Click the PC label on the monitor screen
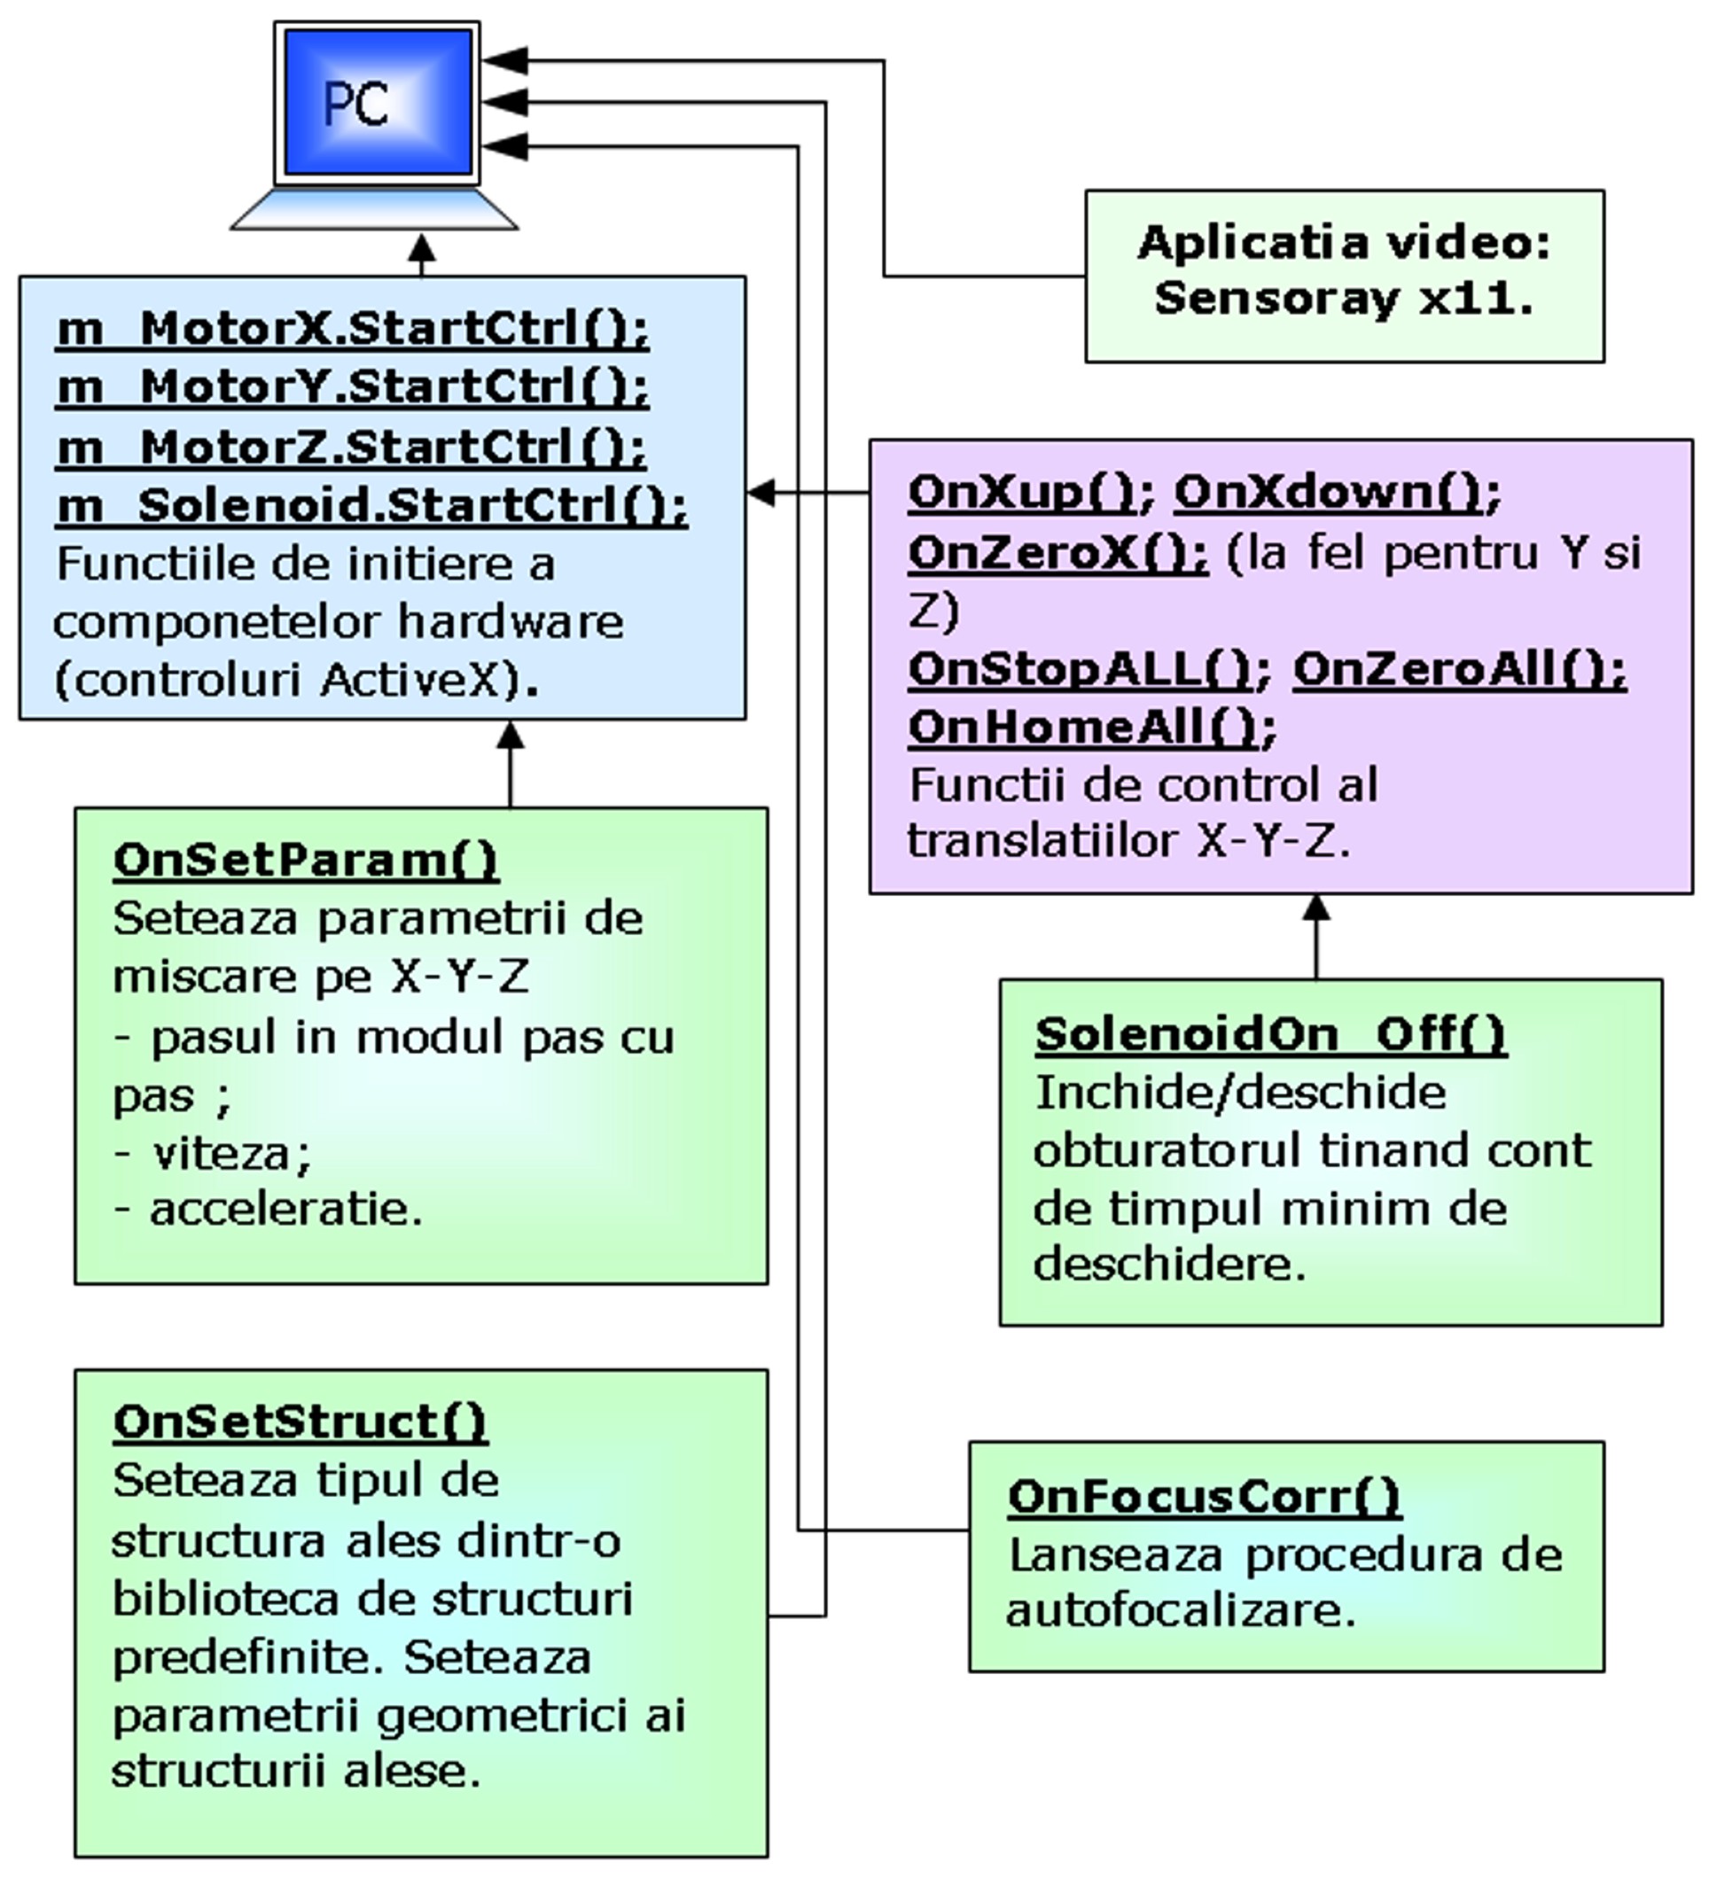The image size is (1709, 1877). (355, 104)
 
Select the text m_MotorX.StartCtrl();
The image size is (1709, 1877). (352, 329)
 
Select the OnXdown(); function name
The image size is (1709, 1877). (1337, 493)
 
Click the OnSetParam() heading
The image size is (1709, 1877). (306, 860)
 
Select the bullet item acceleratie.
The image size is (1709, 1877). (285, 1210)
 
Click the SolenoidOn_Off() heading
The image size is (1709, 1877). (1270, 1033)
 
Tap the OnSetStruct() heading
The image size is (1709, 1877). (300, 1421)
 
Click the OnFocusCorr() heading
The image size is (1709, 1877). (1203, 1496)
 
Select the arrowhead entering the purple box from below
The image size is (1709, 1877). (1315, 907)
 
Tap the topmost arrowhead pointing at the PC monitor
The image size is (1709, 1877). (504, 61)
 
